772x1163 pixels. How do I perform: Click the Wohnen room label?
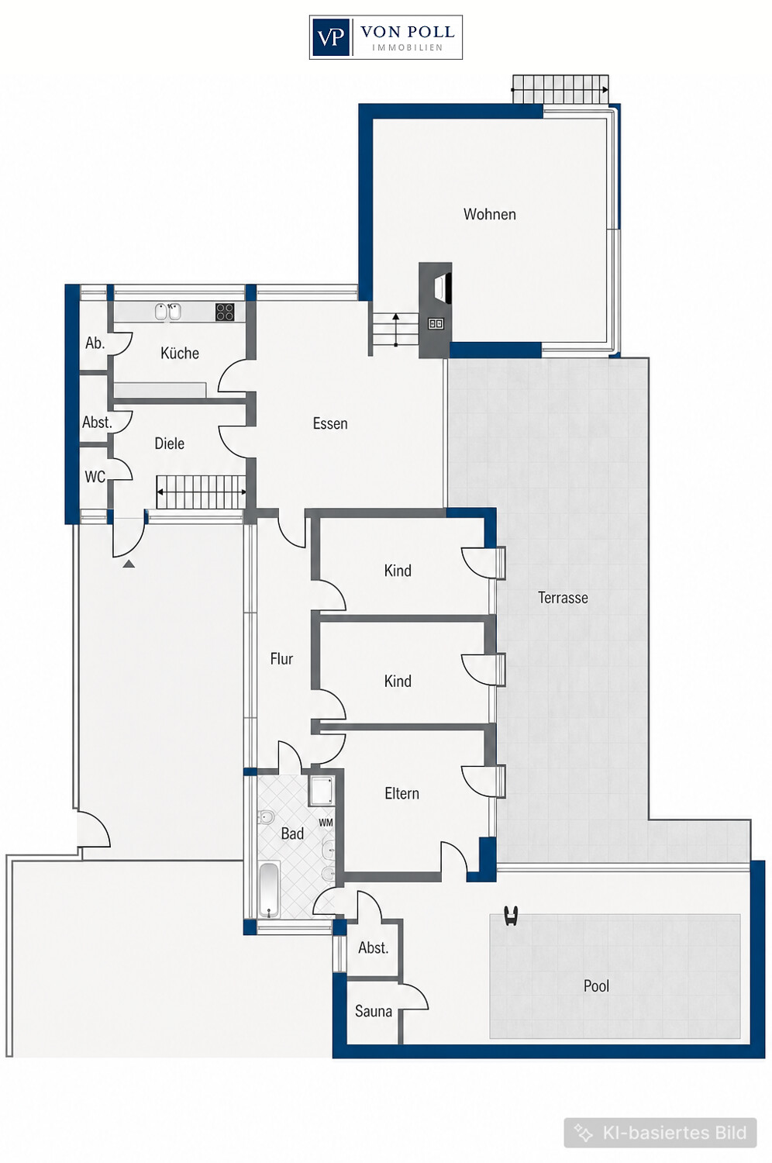pos(490,215)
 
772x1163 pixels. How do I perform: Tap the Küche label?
pos(180,353)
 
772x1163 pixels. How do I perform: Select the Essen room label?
pos(330,423)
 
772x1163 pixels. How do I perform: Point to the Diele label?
pos(169,443)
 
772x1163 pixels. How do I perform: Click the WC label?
pos(95,477)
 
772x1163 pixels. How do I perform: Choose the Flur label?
pos(281,659)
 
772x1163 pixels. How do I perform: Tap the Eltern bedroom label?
pos(402,793)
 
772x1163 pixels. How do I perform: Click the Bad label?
pos(292,833)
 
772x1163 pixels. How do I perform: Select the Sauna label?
pos(374,1011)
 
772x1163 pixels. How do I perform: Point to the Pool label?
pos(596,986)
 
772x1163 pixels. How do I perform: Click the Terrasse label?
pos(563,598)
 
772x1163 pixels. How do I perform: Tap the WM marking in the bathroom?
pos(326,823)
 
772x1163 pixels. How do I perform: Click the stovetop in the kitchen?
pos(225,312)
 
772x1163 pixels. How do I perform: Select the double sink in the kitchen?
pos(167,312)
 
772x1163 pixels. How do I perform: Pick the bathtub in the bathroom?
pos(268,890)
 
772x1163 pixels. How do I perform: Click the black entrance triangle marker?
pos(129,564)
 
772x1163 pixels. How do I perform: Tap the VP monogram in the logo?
pos(330,37)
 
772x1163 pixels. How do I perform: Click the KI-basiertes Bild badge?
pos(660,1132)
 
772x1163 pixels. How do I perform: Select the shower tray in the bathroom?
pos(322,791)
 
